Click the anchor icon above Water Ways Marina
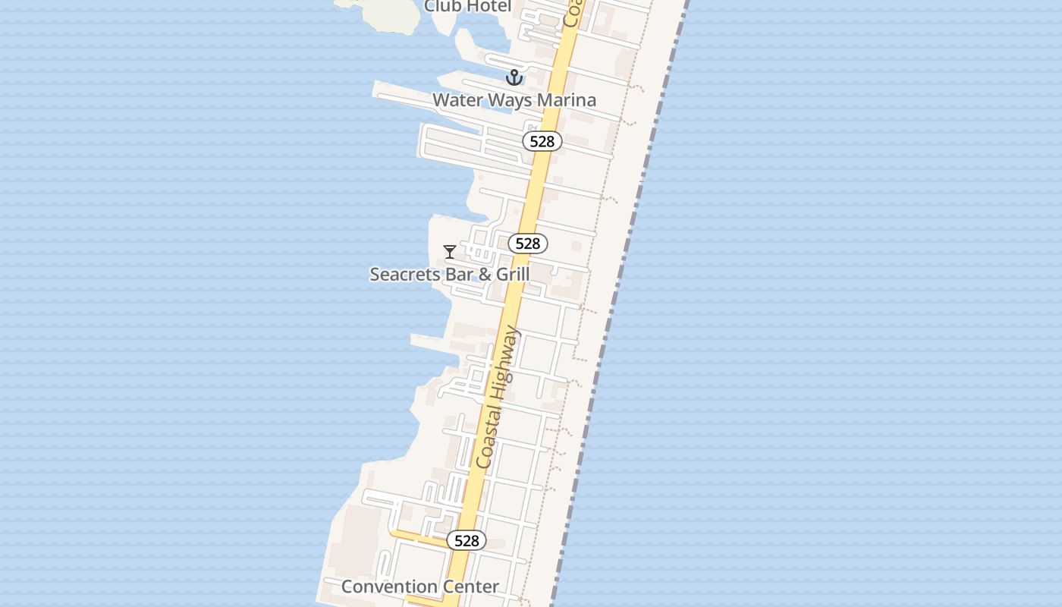click(514, 77)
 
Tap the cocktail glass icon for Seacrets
click(450, 251)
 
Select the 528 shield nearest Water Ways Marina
click(542, 141)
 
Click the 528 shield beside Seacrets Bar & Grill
click(527, 244)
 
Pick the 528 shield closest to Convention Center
click(467, 540)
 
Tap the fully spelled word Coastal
click(485, 439)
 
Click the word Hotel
click(489, 7)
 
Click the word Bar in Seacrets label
click(459, 274)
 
